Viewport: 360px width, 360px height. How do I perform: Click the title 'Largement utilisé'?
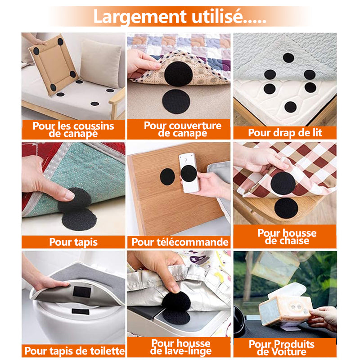pyautogui.click(x=180, y=17)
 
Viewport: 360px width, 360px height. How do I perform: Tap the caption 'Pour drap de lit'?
pyautogui.click(x=285, y=133)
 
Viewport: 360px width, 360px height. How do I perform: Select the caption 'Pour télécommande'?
pyautogui.click(x=180, y=242)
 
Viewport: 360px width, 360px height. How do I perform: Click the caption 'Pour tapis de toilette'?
pyautogui.click(x=74, y=351)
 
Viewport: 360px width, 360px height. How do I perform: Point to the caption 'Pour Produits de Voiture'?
pyautogui.click(x=282, y=348)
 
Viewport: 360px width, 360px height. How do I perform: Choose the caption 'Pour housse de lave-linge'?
pyautogui.click(x=181, y=347)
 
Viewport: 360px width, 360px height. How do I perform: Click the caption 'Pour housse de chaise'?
pyautogui.click(x=287, y=237)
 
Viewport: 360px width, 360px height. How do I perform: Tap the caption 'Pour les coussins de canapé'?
pyautogui.click(x=73, y=130)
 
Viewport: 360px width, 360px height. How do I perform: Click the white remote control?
pyautogui.click(x=189, y=173)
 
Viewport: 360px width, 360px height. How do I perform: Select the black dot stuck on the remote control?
pyautogui.click(x=189, y=174)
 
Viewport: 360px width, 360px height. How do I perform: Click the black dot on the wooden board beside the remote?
pyautogui.click(x=167, y=176)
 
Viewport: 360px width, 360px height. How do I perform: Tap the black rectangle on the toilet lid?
pyautogui.click(x=81, y=311)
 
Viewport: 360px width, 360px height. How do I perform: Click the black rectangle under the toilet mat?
pyautogui.click(x=82, y=292)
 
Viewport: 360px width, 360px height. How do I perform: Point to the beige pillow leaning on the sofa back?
pyautogui.click(x=100, y=63)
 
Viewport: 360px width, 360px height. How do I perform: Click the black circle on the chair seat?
pyautogui.click(x=286, y=208)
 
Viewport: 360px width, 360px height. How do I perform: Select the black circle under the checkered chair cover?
pyautogui.click(x=283, y=183)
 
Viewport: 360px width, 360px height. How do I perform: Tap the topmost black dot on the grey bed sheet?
pyautogui.click(x=288, y=58)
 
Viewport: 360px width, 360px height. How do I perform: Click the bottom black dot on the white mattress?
pyautogui.click(x=290, y=107)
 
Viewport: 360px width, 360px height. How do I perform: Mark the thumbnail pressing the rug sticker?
pyautogui.click(x=70, y=195)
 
